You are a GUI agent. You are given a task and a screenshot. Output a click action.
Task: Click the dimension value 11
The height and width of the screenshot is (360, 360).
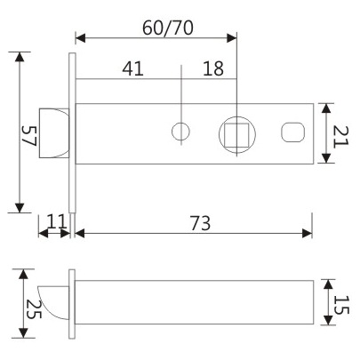(54, 221)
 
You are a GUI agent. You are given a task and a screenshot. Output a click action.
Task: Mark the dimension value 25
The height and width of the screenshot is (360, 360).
(33, 308)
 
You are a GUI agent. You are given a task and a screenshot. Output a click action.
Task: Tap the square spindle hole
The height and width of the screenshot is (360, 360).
(237, 134)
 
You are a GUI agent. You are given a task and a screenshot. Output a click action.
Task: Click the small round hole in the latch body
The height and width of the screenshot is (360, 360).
(180, 132)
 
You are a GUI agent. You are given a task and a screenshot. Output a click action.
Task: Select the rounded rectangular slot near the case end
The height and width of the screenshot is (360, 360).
(292, 133)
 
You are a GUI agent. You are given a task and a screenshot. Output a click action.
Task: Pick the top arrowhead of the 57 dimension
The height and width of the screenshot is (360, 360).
(20, 56)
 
